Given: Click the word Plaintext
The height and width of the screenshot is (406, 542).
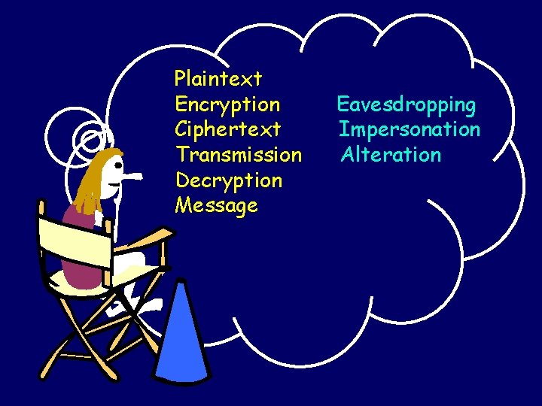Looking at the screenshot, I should pyautogui.click(x=218, y=78).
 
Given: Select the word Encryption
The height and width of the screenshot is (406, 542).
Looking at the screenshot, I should pyautogui.click(x=227, y=105).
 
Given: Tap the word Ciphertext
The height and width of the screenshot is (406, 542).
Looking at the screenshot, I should pyautogui.click(x=227, y=129).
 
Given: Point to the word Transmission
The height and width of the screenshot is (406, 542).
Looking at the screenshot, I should pyautogui.click(x=239, y=155).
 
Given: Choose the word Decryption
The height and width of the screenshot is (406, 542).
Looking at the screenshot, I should pyautogui.click(x=229, y=180).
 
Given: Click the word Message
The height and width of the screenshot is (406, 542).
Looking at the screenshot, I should pyautogui.click(x=216, y=205).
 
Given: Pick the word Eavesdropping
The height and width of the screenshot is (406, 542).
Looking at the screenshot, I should pyautogui.click(x=406, y=105).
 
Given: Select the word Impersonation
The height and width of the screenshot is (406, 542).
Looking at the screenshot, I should pyautogui.click(x=410, y=129).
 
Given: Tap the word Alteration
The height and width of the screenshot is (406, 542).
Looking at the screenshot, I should pyautogui.click(x=391, y=155).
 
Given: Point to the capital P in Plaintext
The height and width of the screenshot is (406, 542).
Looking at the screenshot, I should pyautogui.click(x=181, y=77).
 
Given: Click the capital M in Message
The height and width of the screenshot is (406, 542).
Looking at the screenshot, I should pyautogui.click(x=183, y=205).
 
